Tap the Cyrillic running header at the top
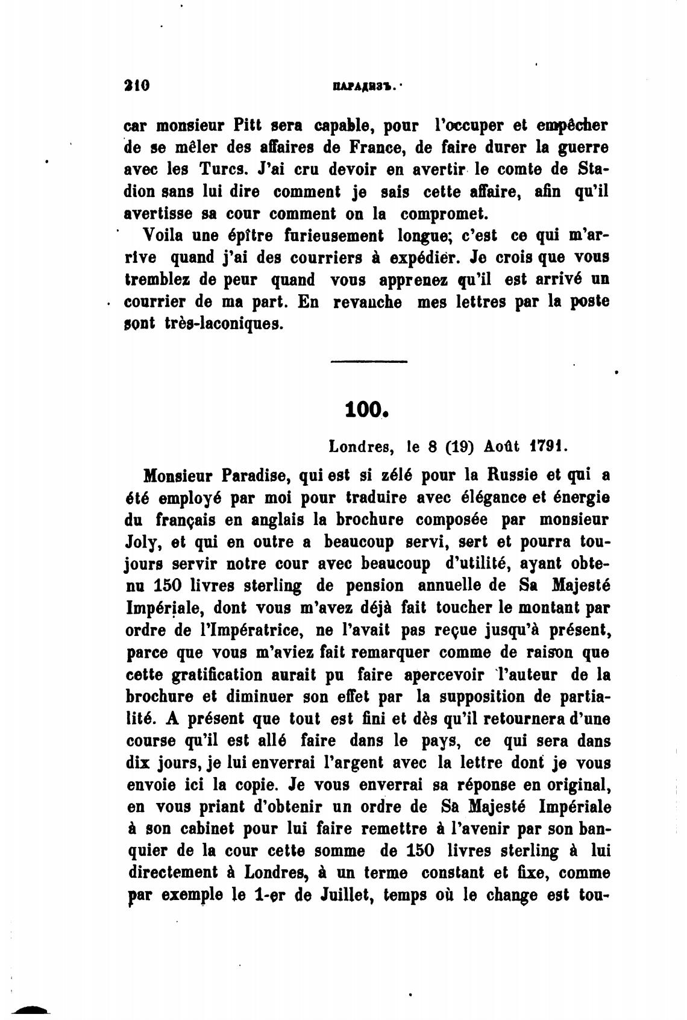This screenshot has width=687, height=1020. [360, 86]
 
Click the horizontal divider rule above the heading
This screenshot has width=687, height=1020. [369, 362]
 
